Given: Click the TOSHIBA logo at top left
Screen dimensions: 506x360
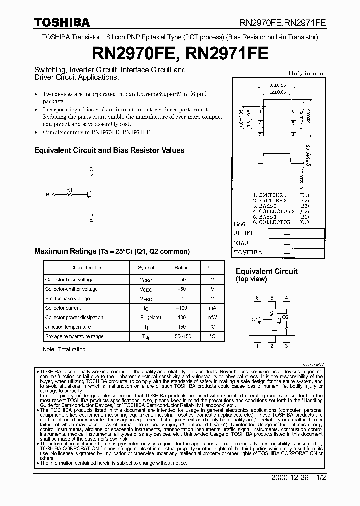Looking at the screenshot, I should [62, 22].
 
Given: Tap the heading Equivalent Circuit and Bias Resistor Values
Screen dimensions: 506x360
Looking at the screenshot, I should [109, 150].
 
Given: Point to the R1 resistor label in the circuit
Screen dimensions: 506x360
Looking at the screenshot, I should [70, 189].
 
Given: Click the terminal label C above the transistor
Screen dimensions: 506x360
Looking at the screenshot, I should [91, 170].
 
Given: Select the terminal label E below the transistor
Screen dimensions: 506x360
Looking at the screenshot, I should [91, 219].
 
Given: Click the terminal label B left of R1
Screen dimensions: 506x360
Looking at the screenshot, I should [47, 195].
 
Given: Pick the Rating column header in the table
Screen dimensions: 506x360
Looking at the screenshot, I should [181, 268].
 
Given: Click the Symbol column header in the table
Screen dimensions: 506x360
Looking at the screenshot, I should [146, 268].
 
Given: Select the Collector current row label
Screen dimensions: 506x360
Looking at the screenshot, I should [63, 308].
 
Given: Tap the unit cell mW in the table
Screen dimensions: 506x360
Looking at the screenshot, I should [212, 317].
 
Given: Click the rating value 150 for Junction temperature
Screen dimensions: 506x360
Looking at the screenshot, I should [181, 327].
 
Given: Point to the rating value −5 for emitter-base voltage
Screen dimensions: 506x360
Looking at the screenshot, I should [181, 298].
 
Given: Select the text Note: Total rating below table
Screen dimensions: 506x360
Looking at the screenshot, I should [64, 349].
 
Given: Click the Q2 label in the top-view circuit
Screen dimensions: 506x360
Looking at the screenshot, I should [285, 317].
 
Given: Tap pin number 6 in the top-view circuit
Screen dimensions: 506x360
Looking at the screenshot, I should [257, 298].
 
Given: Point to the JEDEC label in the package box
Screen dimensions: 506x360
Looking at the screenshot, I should [245, 233].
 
